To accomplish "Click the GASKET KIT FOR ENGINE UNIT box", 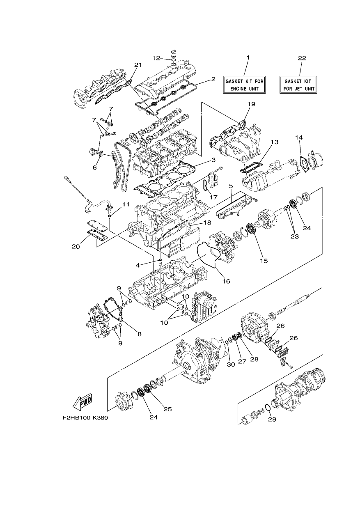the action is tap(244, 85).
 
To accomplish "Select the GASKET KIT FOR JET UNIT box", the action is tap(298, 85).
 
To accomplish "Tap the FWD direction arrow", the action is tap(82, 403).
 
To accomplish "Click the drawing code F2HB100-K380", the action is tap(85, 418).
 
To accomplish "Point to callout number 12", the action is tap(156, 58).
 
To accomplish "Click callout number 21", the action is tap(138, 65).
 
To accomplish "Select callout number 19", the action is tap(251, 104).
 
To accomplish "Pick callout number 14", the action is tap(299, 138).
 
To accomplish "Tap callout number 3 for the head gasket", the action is tap(213, 160).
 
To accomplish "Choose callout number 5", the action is tap(231, 186).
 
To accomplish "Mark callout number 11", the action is tap(125, 204).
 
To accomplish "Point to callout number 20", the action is tap(76, 247).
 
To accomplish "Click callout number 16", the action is tap(226, 282).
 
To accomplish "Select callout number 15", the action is tap(264, 261).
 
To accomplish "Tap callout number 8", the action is tap(139, 334).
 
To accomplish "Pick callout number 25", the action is tap(167, 410).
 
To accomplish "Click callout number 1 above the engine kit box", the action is tap(248, 57).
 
